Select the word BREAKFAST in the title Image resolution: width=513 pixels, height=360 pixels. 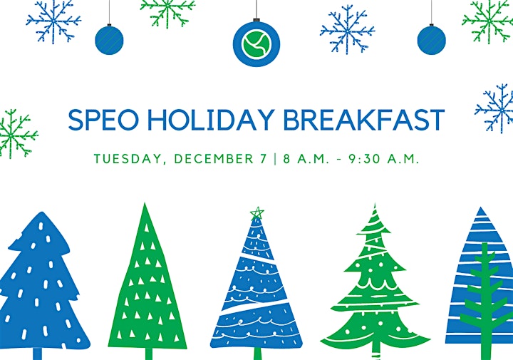pos(363,120)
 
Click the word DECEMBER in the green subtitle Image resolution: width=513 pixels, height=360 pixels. pos(214,159)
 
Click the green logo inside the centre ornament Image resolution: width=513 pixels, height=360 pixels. pos(256,43)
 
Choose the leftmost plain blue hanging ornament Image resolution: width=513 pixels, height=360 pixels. pos(109,40)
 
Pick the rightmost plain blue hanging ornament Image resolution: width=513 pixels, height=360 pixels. pos(431,40)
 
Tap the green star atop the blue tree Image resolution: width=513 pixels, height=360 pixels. pos(257,213)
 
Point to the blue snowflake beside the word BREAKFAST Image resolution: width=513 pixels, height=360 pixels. pos(494,108)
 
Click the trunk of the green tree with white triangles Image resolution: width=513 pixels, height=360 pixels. pos(148,354)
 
